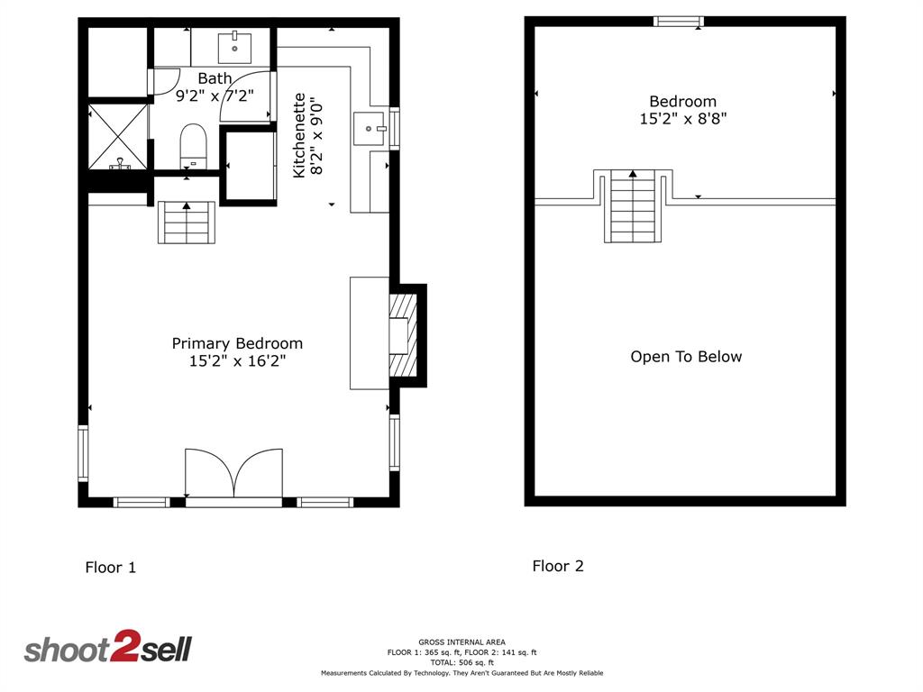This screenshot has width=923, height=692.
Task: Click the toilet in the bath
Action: point(193,146)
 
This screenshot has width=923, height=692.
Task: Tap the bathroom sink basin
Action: point(235,47)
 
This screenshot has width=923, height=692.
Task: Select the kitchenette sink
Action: point(369,128)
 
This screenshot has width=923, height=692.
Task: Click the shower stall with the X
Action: point(118,137)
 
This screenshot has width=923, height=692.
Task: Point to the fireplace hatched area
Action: point(403,335)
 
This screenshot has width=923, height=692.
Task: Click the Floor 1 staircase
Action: point(187,223)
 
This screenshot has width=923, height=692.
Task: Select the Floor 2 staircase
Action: point(633,206)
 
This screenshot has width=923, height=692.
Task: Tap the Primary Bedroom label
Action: point(237,343)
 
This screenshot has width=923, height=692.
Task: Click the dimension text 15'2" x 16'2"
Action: point(237,360)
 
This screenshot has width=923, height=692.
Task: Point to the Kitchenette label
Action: point(299,135)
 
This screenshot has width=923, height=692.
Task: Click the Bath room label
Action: point(215,77)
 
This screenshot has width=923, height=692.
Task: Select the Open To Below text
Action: point(686,357)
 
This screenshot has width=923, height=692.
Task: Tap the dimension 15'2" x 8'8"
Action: point(683,119)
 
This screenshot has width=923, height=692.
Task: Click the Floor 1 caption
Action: point(111,568)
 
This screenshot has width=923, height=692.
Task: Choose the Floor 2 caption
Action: point(558,566)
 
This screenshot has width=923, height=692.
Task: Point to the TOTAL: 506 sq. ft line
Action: point(462,662)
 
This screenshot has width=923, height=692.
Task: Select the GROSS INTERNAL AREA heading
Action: point(462,642)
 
